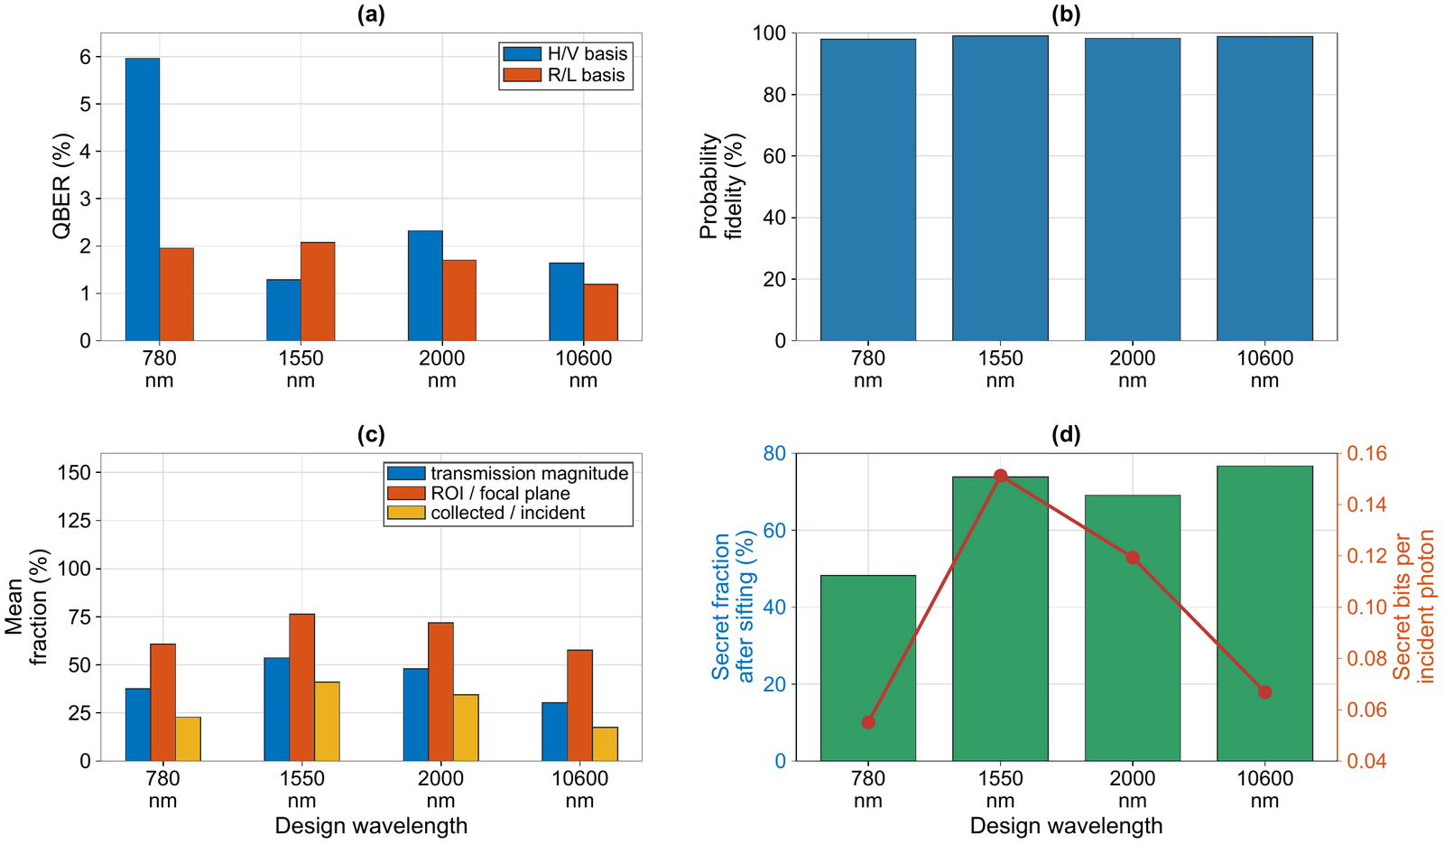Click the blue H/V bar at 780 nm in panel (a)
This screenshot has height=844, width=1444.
143,199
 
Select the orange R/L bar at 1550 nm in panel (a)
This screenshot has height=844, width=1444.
318,292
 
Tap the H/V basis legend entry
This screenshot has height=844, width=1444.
565,53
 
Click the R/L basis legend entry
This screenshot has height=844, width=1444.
564,75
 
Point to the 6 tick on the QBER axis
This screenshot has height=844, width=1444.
86,57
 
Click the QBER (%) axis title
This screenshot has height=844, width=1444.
62,186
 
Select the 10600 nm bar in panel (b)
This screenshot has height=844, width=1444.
1264,189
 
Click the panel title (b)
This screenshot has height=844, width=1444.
1066,14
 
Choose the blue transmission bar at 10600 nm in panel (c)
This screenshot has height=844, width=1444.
554,732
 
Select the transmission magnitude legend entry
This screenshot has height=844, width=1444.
508,473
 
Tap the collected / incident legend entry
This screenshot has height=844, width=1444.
486,513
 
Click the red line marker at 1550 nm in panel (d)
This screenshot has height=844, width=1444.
1001,476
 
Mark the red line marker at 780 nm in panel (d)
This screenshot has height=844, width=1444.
868,722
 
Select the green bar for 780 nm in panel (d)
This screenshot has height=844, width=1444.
868,668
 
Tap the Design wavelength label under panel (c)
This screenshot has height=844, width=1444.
371,826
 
